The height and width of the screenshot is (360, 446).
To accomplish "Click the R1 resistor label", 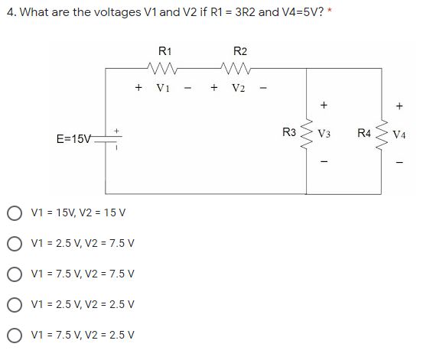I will tap(164, 51).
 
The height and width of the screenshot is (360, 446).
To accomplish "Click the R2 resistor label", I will tap(239, 51).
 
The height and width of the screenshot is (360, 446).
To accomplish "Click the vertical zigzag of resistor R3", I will tap(308, 133).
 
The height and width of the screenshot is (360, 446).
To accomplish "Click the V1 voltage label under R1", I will tap(163, 86).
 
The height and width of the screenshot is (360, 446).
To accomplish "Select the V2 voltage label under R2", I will tap(239, 86).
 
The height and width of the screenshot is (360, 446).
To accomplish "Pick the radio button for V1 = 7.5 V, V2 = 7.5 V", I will tap(14, 274).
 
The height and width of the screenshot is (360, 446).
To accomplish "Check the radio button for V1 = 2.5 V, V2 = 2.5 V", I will tap(14, 303).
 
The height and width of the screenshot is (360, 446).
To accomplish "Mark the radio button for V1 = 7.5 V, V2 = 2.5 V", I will tap(14, 334).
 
